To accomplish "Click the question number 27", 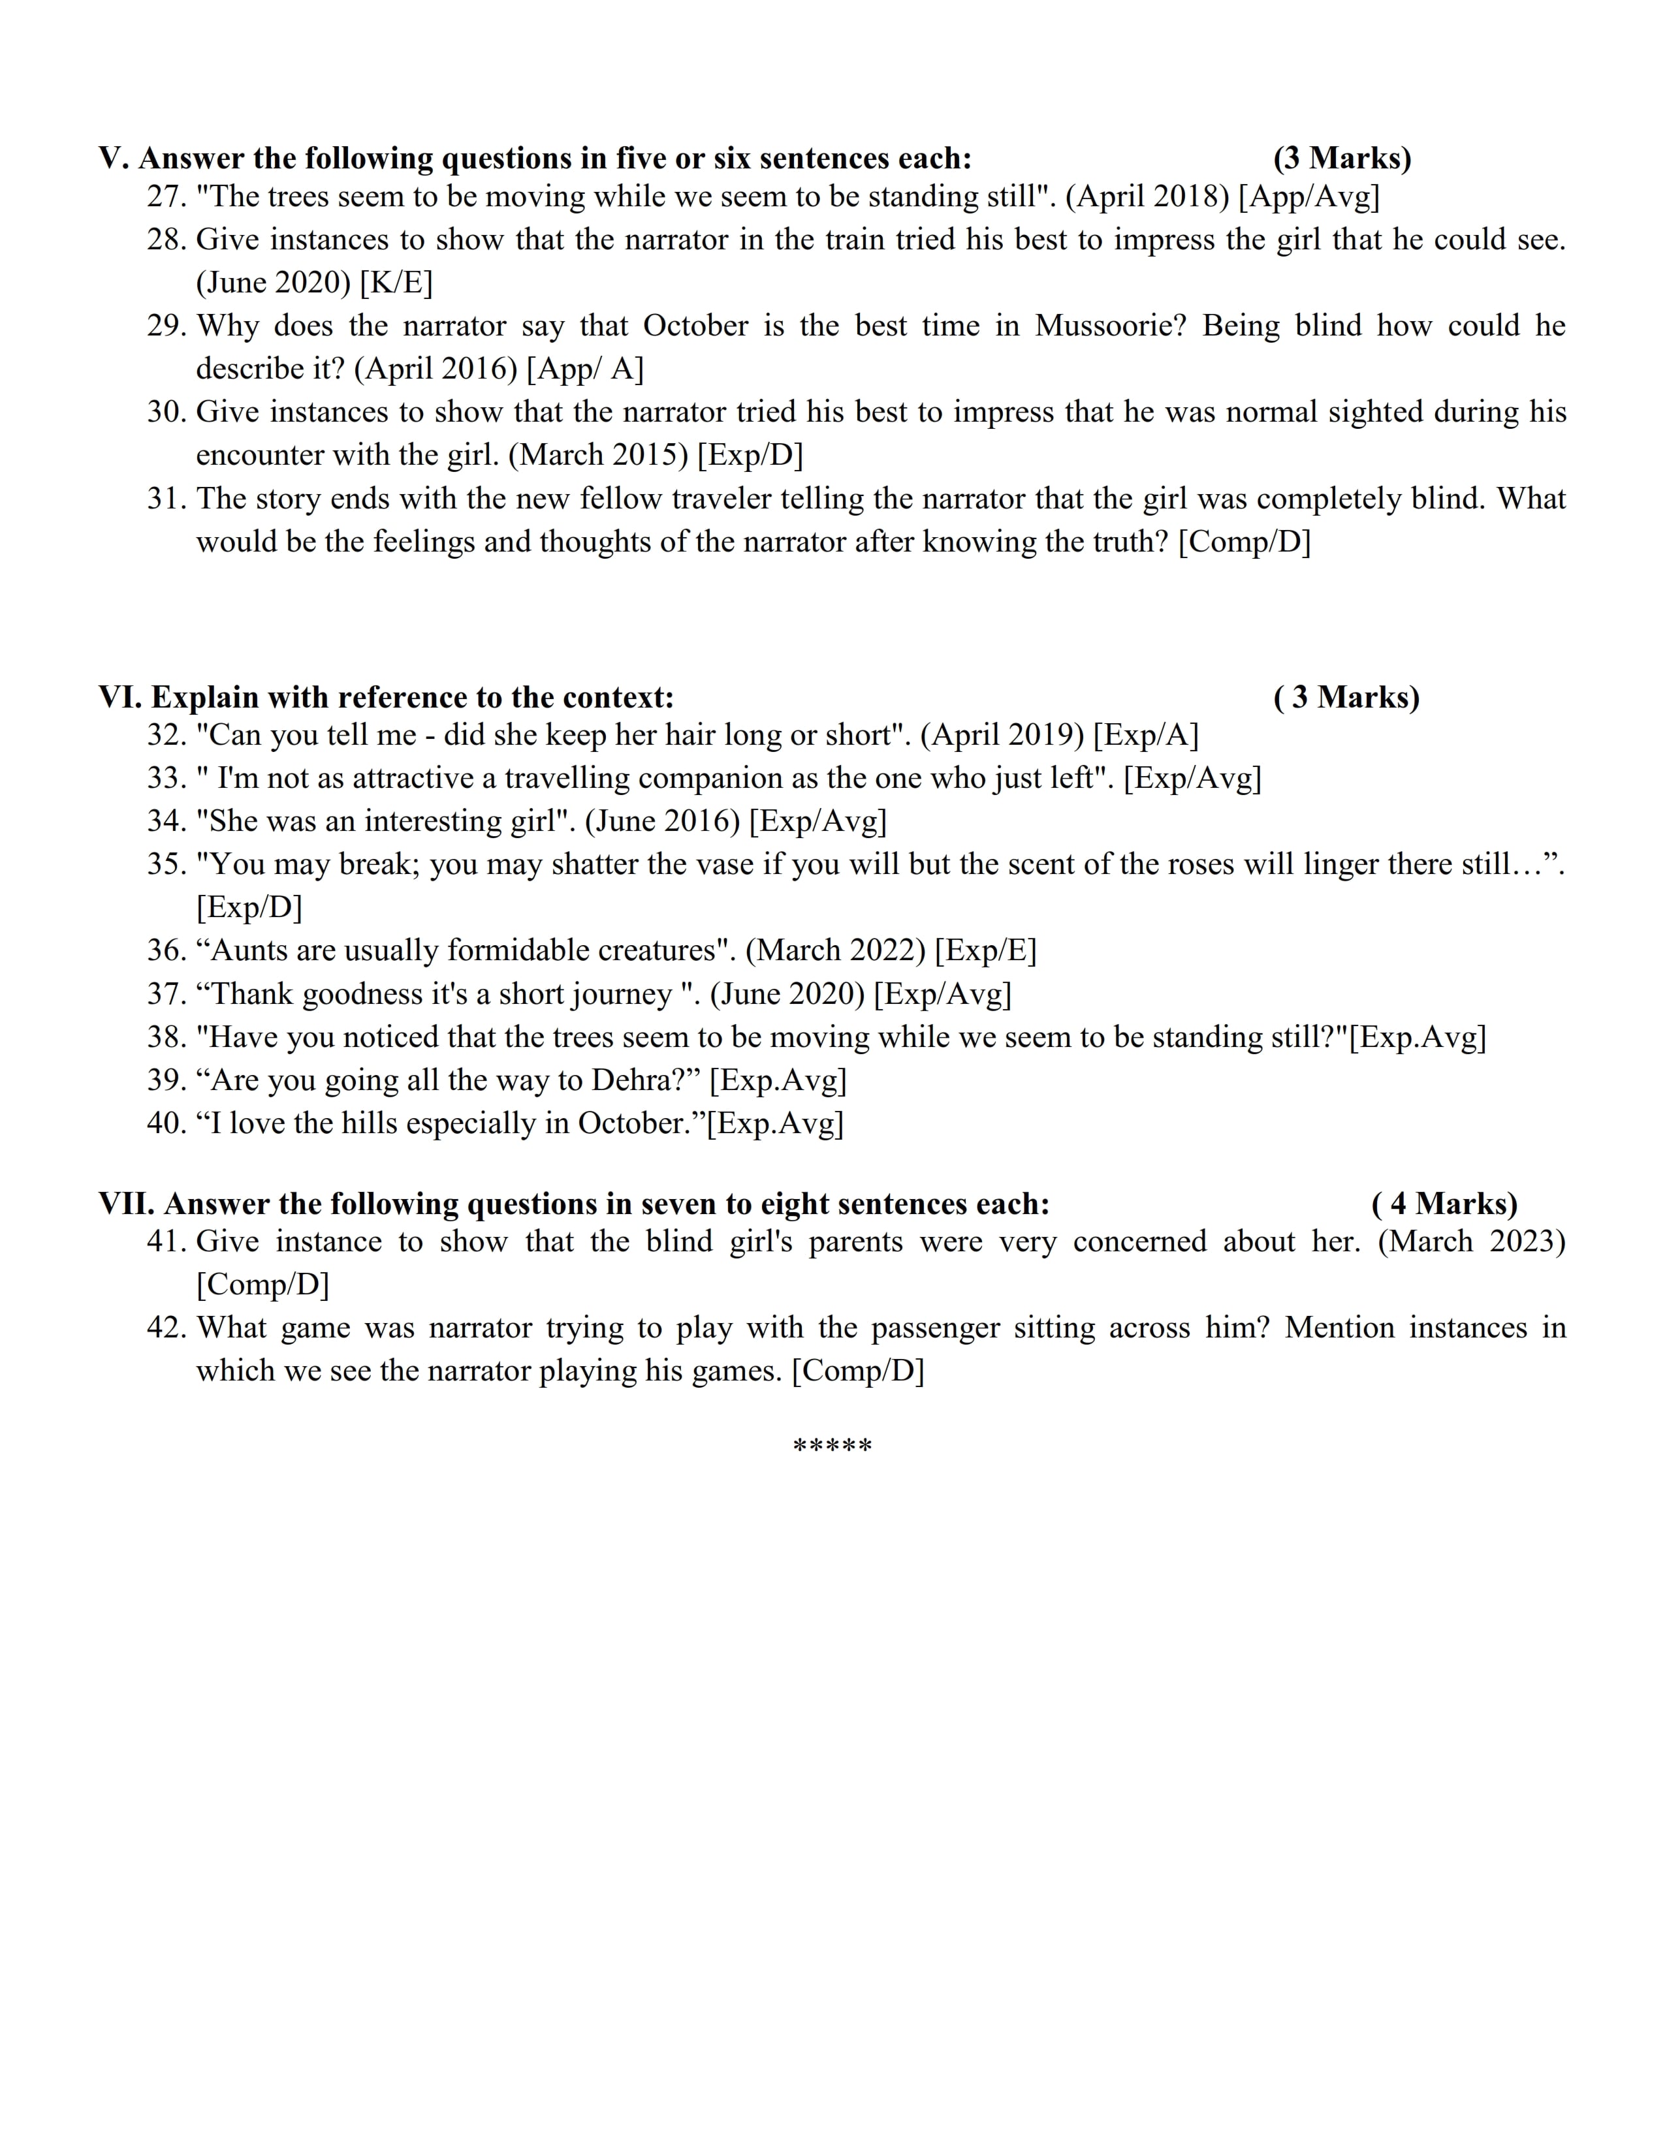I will pos(166,197).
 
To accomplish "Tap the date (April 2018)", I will pos(1147,197).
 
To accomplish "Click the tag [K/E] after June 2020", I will pos(396,283).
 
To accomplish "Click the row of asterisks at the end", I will pos(832,1447).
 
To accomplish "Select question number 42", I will pos(166,1328).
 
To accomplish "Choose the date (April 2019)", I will pos(1002,735).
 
